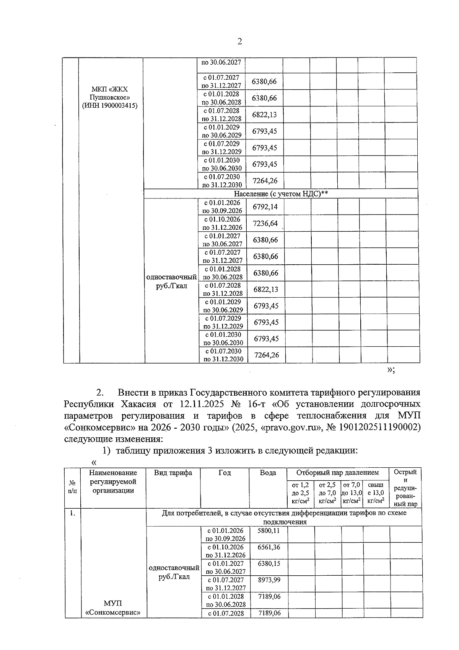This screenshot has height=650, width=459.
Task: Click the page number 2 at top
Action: [x=239, y=41]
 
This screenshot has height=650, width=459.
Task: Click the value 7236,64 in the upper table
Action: [x=265, y=223]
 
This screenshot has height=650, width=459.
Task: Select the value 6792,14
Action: [x=265, y=207]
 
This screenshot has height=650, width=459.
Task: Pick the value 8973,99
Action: [x=269, y=580]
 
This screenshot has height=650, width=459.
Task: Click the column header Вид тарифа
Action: [x=173, y=473]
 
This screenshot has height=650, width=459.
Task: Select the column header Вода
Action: [x=268, y=473]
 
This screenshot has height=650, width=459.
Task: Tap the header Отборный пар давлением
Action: [x=337, y=473]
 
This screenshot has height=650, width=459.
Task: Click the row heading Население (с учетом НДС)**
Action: [x=281, y=194]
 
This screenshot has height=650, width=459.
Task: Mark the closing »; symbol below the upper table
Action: [x=391, y=370]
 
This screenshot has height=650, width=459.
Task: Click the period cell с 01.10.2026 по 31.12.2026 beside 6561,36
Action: [x=225, y=551]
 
